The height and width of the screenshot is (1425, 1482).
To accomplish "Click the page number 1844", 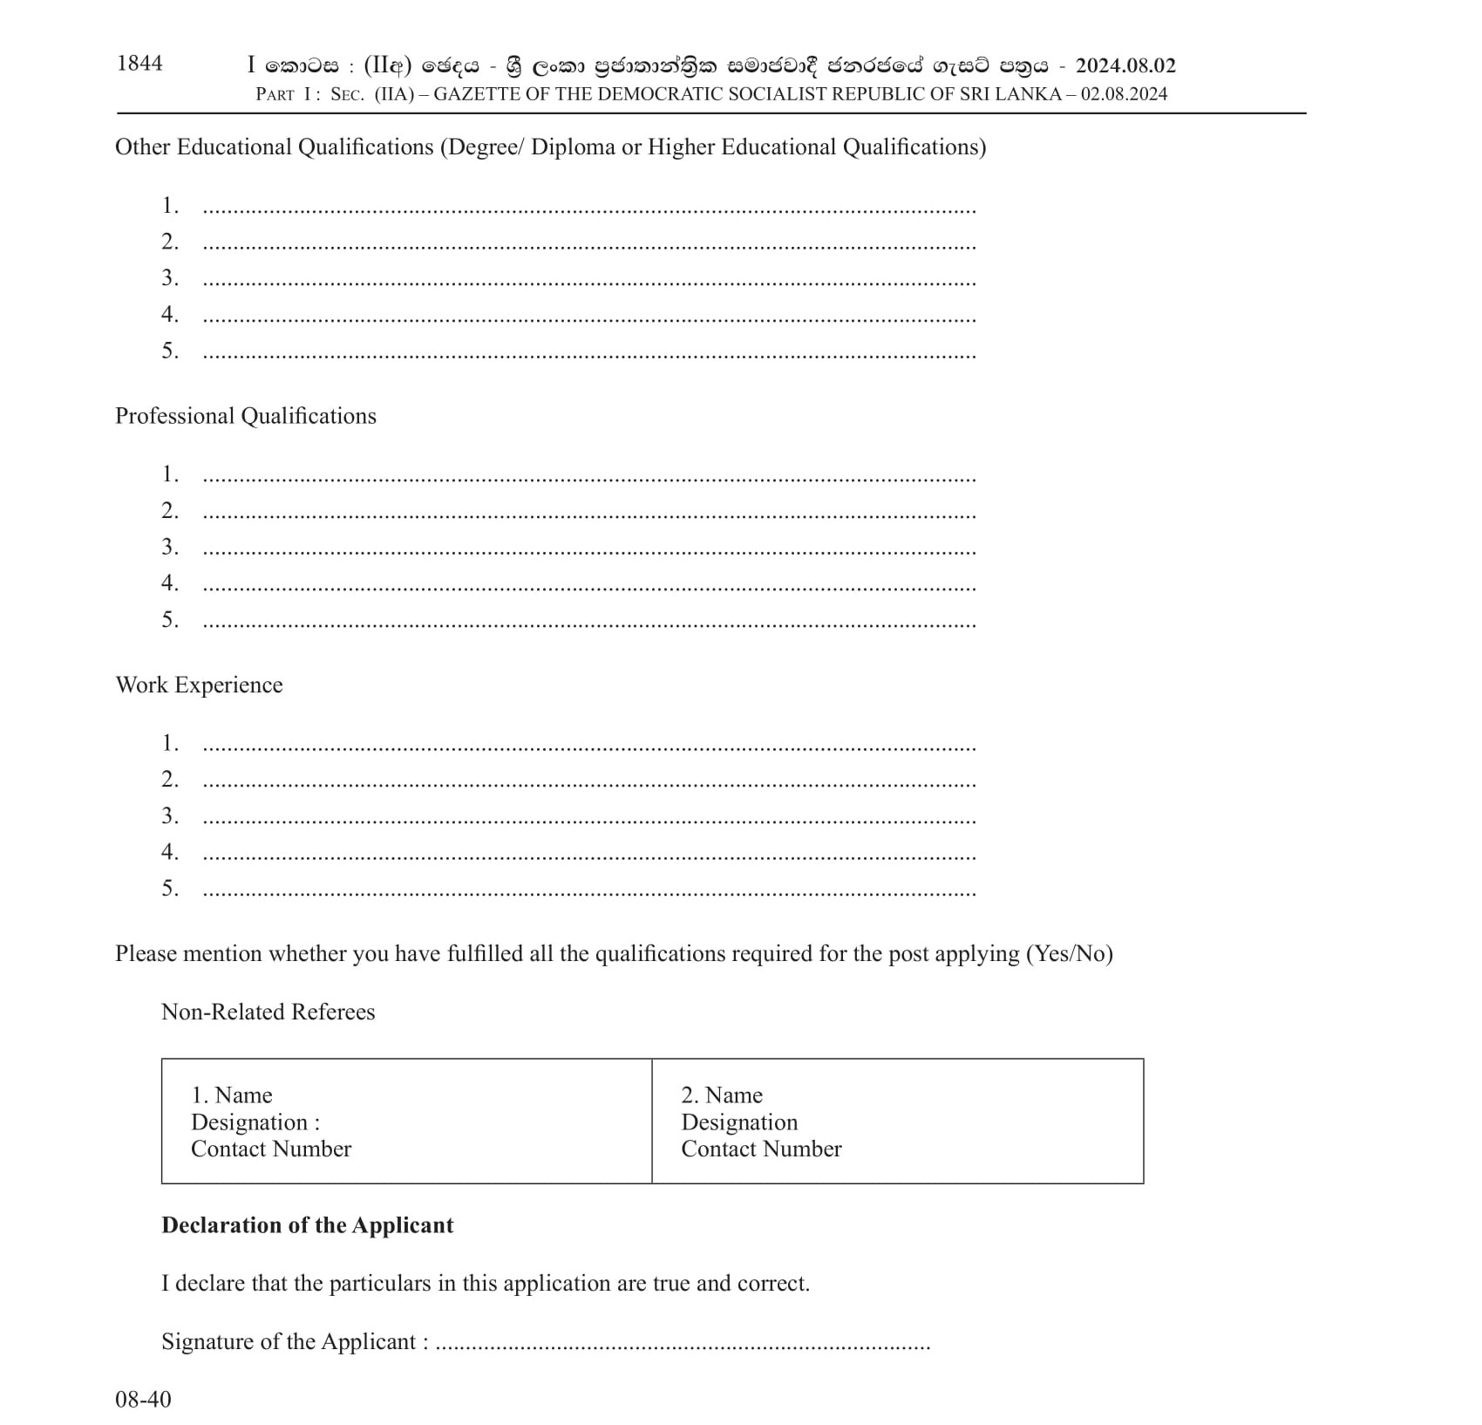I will pos(139,64).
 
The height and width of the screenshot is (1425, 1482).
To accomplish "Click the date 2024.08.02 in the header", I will pos(1125,66).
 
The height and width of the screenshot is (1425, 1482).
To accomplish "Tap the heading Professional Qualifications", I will pos(246,416).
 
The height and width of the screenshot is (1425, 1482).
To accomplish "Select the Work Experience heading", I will pos(199,685).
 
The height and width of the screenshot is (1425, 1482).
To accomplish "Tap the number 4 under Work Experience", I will pos(169,852).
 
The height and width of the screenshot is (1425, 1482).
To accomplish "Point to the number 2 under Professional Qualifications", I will pos(169,511).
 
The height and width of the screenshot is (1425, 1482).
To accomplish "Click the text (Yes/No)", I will pos(1070,954).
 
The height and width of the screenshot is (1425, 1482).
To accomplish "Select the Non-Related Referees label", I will pos(269,1012).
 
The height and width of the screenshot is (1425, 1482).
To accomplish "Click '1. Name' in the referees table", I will pos(232,1095).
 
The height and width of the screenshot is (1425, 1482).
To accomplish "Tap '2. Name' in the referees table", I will pos(722,1095).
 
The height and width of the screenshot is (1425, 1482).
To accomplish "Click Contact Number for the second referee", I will pos(761,1149).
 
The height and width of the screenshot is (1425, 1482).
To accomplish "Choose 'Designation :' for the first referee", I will pos(255,1122).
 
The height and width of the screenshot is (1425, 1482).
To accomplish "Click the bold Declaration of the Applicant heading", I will pos(308,1226).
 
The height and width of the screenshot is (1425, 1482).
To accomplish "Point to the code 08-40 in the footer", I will pos(143,1400).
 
